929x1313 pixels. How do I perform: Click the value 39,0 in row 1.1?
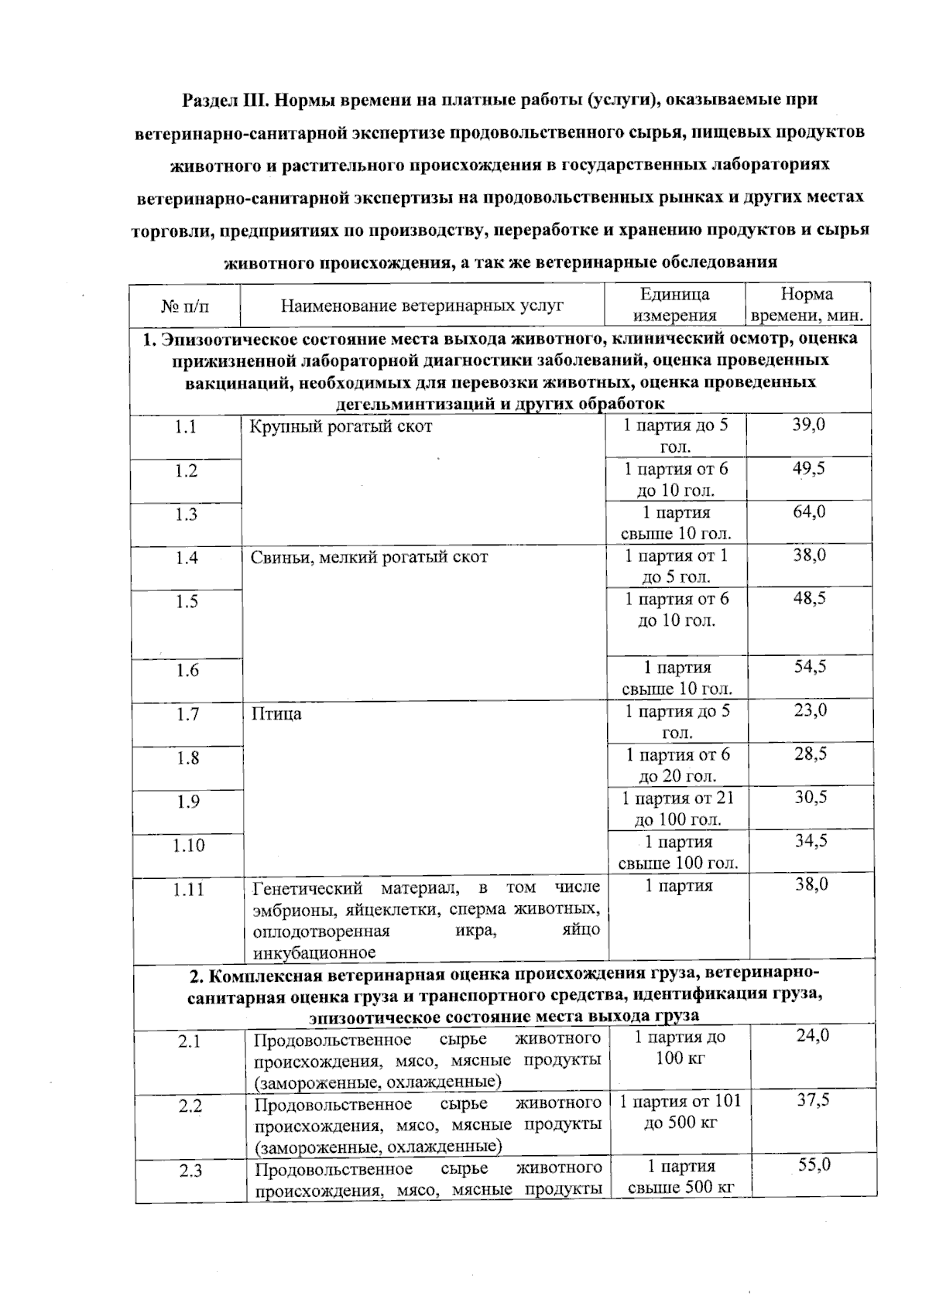tap(808, 425)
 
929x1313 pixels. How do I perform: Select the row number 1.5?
tap(186, 601)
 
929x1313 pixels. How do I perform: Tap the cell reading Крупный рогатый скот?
tap(341, 426)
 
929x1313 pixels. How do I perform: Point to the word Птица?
tap(276, 713)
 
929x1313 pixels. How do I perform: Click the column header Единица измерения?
tap(674, 305)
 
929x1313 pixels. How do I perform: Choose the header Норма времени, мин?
tap(807, 305)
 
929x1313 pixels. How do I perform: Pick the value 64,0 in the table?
tap(808, 511)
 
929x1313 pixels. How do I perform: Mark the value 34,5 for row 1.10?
tap(811, 841)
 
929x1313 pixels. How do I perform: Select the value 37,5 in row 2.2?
tap(813, 1100)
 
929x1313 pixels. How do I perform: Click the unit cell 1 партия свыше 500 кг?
tap(680, 1176)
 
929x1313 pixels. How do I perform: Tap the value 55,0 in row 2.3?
tap(814, 1164)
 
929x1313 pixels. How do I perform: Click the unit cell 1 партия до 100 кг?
tap(680, 1047)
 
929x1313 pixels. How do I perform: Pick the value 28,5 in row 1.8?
tap(810, 754)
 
